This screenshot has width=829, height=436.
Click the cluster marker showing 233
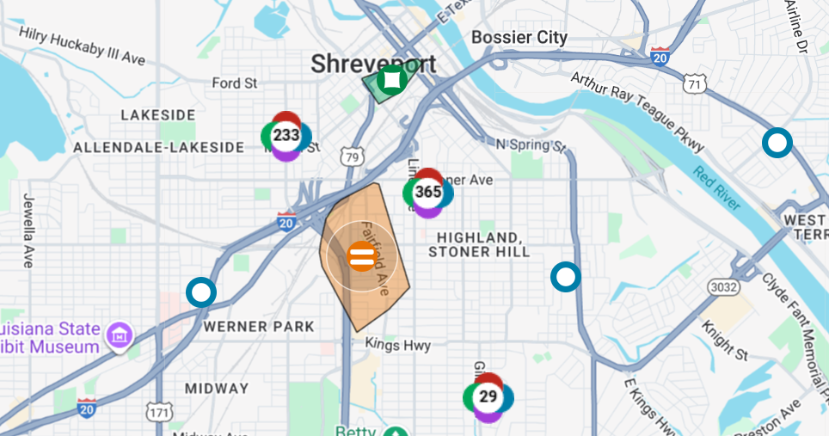[x=286, y=136]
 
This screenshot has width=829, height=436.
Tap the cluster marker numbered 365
[x=428, y=192]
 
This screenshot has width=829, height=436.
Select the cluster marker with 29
[x=488, y=396]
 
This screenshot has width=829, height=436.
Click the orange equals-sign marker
[x=361, y=255]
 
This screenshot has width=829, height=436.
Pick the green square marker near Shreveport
[x=392, y=80]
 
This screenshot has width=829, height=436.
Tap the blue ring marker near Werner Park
[x=201, y=292]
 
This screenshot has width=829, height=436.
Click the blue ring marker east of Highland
[x=566, y=277]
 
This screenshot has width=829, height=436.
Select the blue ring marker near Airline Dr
[x=777, y=143]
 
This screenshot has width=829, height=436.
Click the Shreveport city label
[x=373, y=64]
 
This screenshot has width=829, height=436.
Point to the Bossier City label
[x=519, y=38]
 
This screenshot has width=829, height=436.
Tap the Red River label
[x=716, y=188]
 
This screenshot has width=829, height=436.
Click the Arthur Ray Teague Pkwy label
[x=637, y=112]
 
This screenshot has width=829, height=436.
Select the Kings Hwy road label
[x=396, y=343]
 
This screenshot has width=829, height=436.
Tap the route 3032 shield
[x=722, y=286]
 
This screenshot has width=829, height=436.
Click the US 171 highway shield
[x=159, y=413]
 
